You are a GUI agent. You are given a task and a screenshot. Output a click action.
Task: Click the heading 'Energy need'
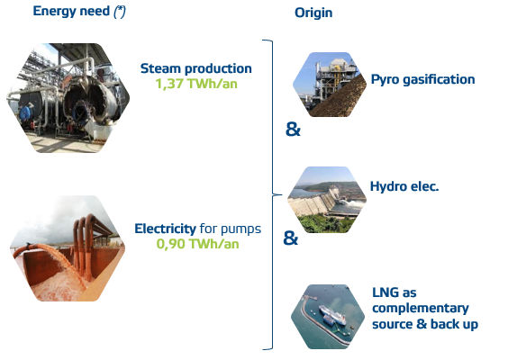[71, 11]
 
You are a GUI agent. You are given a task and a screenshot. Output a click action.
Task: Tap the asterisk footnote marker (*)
[120, 12]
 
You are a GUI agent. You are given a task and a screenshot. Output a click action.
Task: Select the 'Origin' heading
[313, 13]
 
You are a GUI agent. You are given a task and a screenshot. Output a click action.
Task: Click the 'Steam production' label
[196, 68]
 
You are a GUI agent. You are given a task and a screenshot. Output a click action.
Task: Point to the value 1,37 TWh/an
[196, 84]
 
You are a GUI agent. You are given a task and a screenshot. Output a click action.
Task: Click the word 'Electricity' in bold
[165, 229]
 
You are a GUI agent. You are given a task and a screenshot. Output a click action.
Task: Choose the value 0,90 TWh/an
[197, 244]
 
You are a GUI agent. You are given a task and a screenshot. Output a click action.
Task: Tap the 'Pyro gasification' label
[422, 80]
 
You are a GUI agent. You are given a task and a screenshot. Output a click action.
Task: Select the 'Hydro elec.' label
[404, 186]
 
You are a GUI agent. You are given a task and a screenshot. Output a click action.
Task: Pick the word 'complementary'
[421, 309]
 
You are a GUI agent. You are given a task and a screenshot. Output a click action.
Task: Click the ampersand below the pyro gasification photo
[293, 129]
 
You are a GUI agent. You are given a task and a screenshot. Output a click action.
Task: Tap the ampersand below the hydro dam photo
[291, 238]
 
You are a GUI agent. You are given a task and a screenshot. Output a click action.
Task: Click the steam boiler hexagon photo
[68, 98]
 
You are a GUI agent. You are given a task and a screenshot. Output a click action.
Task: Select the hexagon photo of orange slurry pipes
[68, 248]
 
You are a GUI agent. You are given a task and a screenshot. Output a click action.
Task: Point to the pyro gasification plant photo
[330, 85]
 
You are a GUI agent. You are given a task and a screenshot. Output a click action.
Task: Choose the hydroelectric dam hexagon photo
[327, 200]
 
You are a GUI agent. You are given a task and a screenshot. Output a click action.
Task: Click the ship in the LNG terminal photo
[332, 315]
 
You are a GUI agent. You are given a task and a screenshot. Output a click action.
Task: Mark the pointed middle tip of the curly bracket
[281, 194]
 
